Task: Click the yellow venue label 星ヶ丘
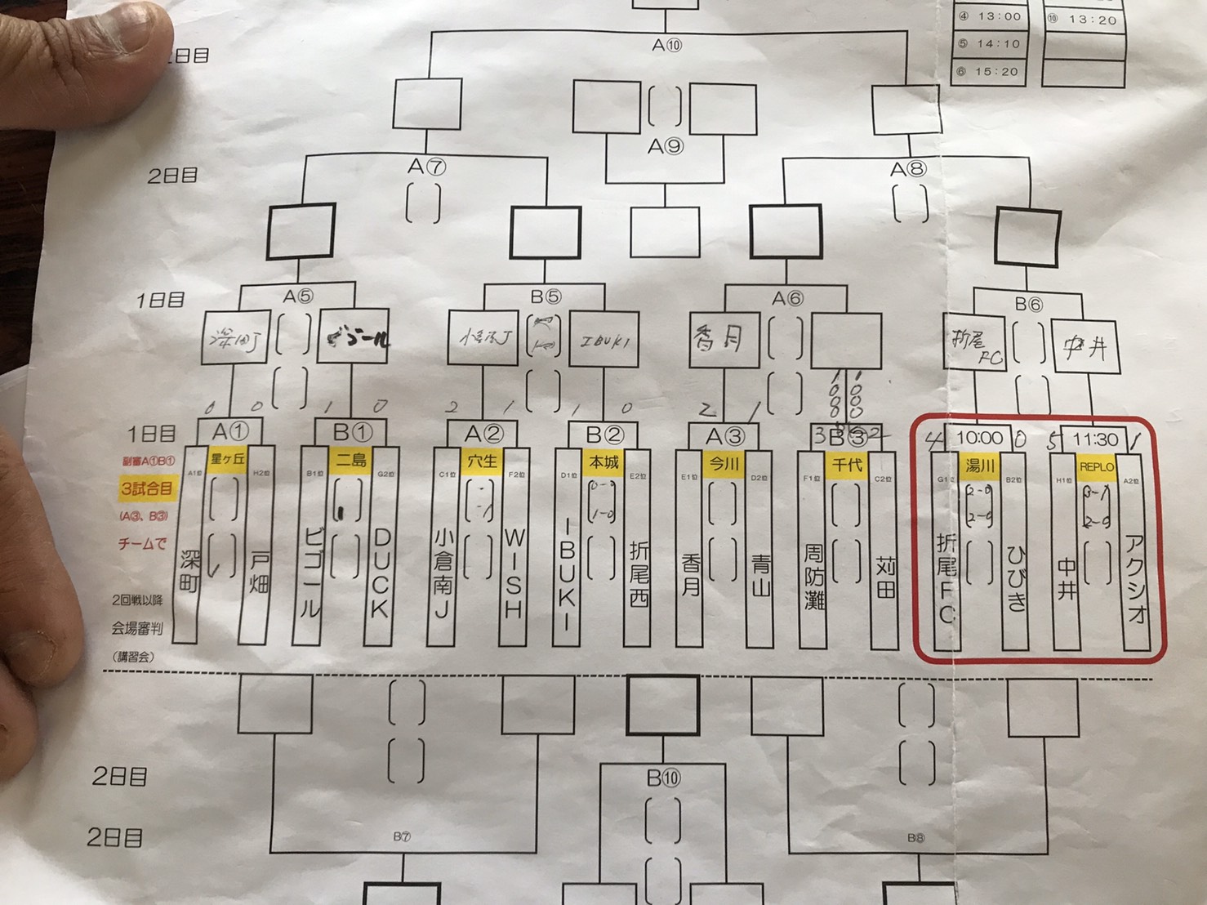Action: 228,459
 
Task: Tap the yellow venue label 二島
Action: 351,460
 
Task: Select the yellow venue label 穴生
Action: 481,461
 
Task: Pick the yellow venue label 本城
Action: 603,462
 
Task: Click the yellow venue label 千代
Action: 847,465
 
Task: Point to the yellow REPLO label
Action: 1096,467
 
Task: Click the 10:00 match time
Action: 979,439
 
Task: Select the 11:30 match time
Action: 1095,439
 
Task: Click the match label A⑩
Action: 666,46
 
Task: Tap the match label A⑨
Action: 665,146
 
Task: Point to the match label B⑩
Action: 662,778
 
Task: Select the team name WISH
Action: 513,573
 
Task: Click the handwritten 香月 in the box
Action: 719,337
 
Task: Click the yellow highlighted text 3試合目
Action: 146,488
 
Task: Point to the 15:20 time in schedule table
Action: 997,72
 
